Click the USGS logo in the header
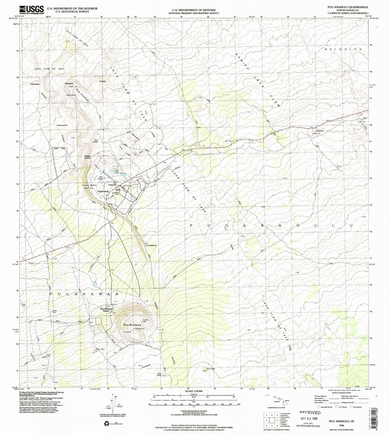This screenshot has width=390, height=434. coord(31,10)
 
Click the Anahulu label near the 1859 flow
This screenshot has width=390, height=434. coord(102,81)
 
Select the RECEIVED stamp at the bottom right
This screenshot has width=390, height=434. coord(310,413)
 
